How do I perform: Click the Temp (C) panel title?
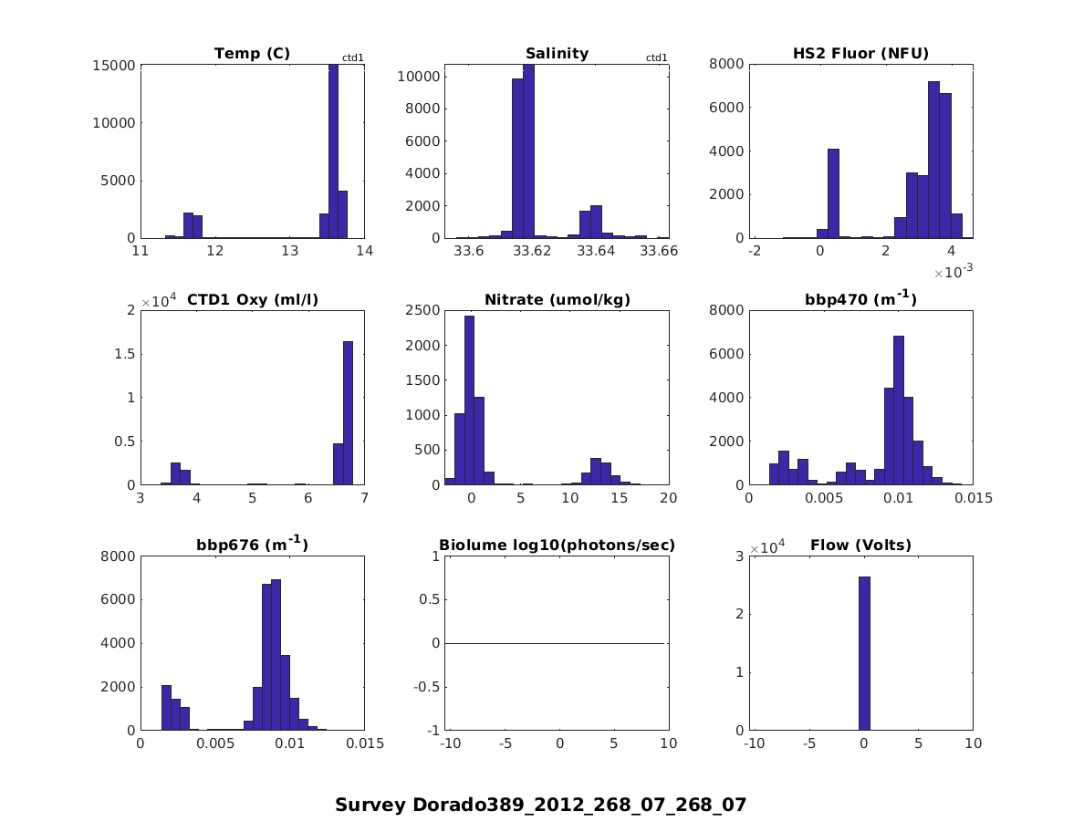pyautogui.click(x=252, y=54)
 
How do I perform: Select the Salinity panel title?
pyautogui.click(x=557, y=54)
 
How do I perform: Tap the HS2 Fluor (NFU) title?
pyautogui.click(x=860, y=54)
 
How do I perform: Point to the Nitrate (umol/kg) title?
pyautogui.click(x=557, y=299)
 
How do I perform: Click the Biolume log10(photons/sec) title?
pyautogui.click(x=557, y=546)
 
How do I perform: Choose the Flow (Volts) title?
pyautogui.click(x=860, y=546)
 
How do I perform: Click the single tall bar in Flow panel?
pyautogui.click(x=864, y=653)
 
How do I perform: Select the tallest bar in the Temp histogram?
pyautogui.click(x=333, y=151)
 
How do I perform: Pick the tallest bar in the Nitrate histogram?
pyautogui.click(x=469, y=400)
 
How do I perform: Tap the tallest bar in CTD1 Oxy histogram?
pyautogui.click(x=348, y=412)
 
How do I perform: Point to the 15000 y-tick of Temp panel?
pyautogui.click(x=114, y=66)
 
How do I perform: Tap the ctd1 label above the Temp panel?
pyautogui.click(x=353, y=58)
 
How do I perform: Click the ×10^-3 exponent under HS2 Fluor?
pyautogui.click(x=953, y=273)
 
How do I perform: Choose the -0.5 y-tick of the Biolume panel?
pyautogui.click(x=427, y=687)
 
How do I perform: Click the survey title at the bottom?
pyautogui.click(x=540, y=805)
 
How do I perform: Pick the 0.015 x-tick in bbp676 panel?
pyautogui.click(x=365, y=744)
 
